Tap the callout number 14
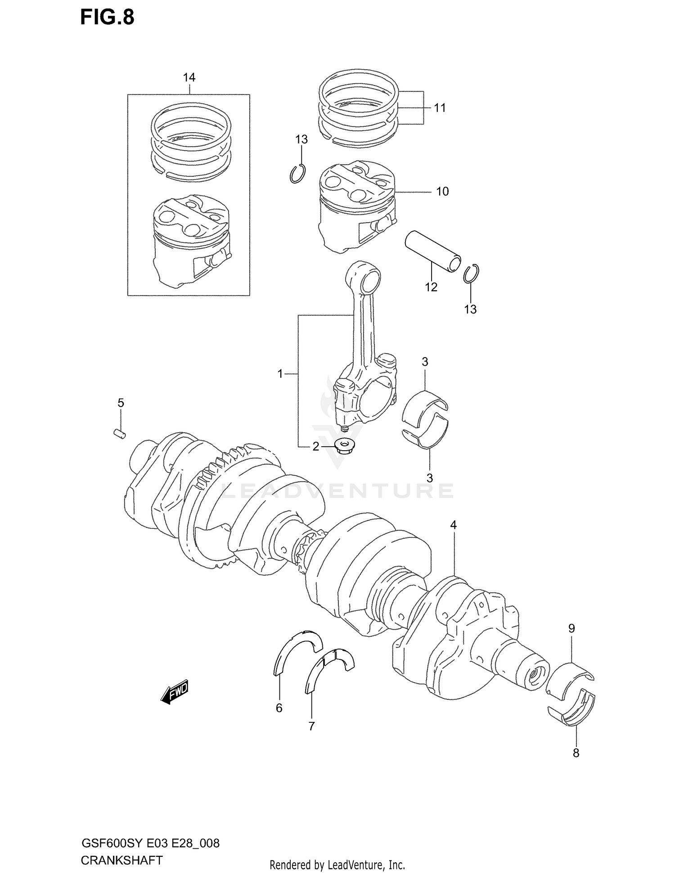(189, 78)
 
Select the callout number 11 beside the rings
(440, 108)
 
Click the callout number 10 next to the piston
(442, 192)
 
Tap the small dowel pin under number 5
(119, 434)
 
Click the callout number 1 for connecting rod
(280, 374)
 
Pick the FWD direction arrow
(175, 692)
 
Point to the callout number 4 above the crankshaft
(454, 525)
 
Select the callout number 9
(571, 628)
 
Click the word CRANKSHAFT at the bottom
(121, 860)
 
